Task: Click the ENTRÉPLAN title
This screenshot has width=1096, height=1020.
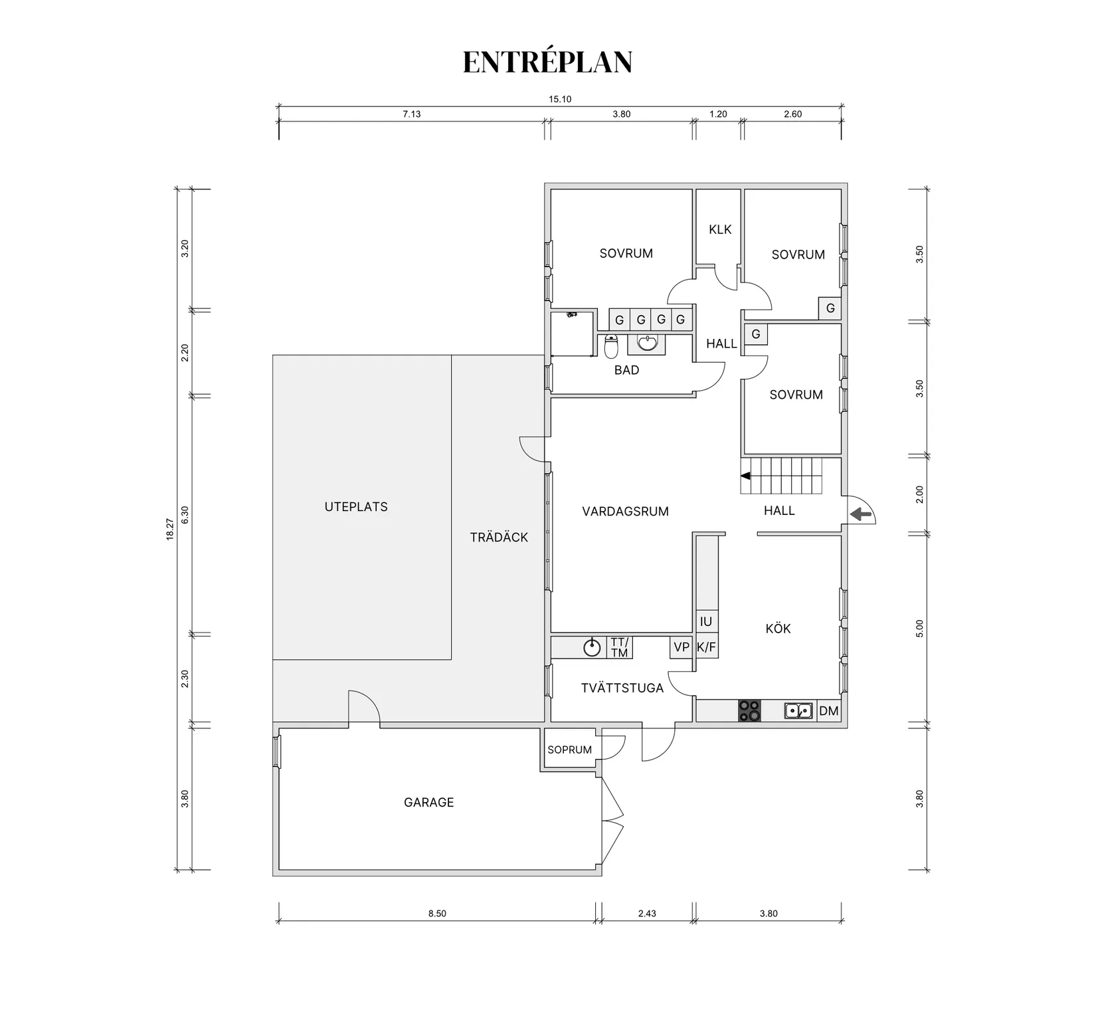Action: pyautogui.click(x=547, y=62)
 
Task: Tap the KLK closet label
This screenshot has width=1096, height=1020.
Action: pyautogui.click(x=719, y=229)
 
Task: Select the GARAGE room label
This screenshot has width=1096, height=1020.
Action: pyautogui.click(x=428, y=802)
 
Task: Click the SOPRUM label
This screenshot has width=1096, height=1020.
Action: pyautogui.click(x=569, y=750)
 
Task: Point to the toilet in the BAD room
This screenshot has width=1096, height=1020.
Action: pyautogui.click(x=611, y=347)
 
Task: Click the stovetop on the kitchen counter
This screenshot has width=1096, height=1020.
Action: pyautogui.click(x=750, y=710)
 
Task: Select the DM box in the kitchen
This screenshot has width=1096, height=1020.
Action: pyautogui.click(x=828, y=711)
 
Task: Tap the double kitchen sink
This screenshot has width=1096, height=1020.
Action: pyautogui.click(x=798, y=711)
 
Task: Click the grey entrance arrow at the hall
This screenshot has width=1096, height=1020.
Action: pyautogui.click(x=861, y=514)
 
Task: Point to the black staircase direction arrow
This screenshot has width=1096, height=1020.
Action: pyautogui.click(x=746, y=476)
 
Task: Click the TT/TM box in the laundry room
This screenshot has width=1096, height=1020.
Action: pyautogui.click(x=619, y=647)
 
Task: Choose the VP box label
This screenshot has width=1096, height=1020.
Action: pyautogui.click(x=682, y=647)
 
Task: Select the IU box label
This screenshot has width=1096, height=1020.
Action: pyautogui.click(x=705, y=621)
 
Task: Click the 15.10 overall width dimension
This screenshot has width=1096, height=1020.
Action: pyautogui.click(x=559, y=99)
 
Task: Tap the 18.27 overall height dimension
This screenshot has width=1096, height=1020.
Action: pyautogui.click(x=169, y=530)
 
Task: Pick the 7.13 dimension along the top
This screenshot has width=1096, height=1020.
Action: pyautogui.click(x=411, y=114)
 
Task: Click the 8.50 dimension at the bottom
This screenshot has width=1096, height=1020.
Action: pyautogui.click(x=437, y=913)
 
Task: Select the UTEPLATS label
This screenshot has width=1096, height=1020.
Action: pyautogui.click(x=356, y=506)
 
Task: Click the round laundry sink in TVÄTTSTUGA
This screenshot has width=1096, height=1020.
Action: pyautogui.click(x=592, y=647)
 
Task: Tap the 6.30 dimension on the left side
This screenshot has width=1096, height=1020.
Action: pyautogui.click(x=185, y=514)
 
